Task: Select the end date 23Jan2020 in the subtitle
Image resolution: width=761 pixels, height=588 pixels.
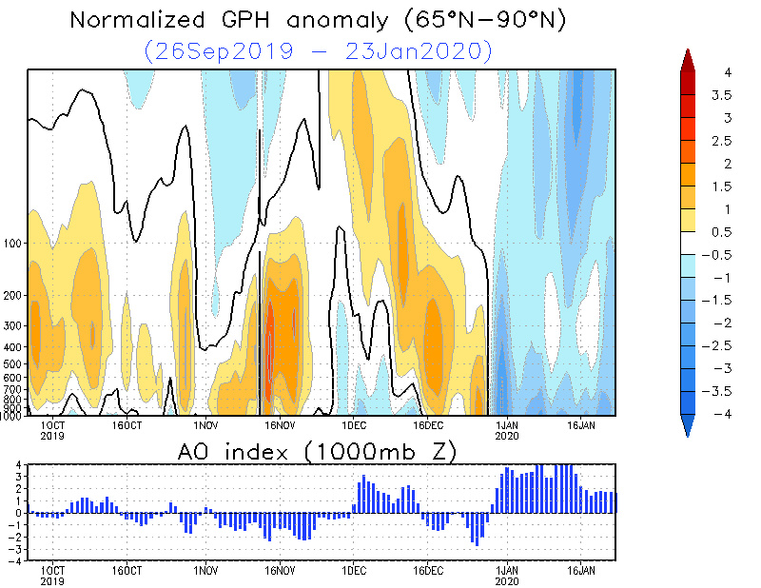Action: coord(421,50)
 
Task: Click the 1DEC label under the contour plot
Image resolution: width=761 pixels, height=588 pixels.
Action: coord(354,424)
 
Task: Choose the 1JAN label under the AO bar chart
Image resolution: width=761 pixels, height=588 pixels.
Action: coord(507,573)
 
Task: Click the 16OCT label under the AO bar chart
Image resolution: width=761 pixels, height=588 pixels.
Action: coord(127,572)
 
